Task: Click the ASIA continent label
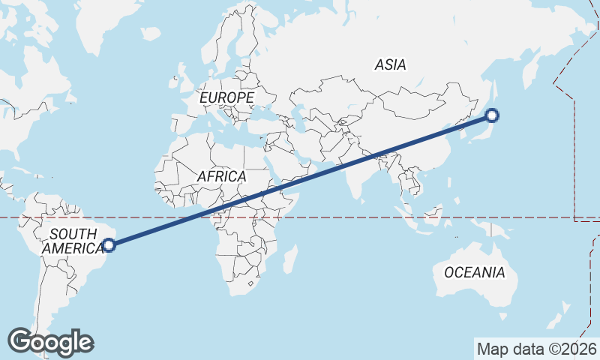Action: click(x=390, y=65)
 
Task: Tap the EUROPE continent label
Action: click(x=226, y=97)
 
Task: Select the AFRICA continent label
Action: click(x=221, y=176)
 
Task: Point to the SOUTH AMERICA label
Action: click(x=73, y=241)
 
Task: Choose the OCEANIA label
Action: click(x=474, y=272)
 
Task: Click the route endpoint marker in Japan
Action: click(x=491, y=115)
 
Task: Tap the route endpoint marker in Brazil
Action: click(x=109, y=244)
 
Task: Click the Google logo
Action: click(x=51, y=342)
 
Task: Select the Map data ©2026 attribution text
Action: click(x=536, y=349)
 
